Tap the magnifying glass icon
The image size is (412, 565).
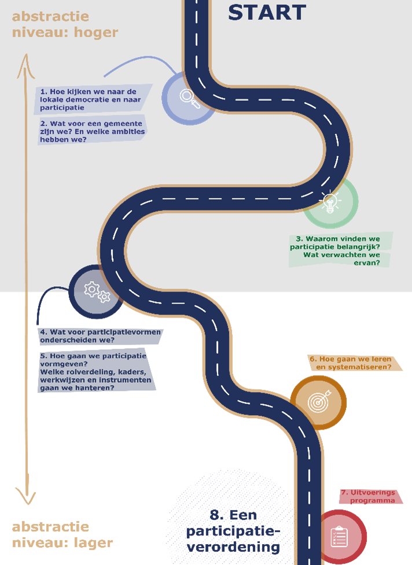tap(190, 98)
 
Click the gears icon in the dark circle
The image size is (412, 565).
tap(97, 291)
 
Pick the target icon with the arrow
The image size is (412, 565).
tap(319, 401)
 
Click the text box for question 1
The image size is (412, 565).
tap(94, 99)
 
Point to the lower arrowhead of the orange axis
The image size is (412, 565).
tap(25, 497)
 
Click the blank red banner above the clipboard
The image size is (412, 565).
tap(370, 497)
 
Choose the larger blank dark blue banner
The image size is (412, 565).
tap(96, 369)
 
